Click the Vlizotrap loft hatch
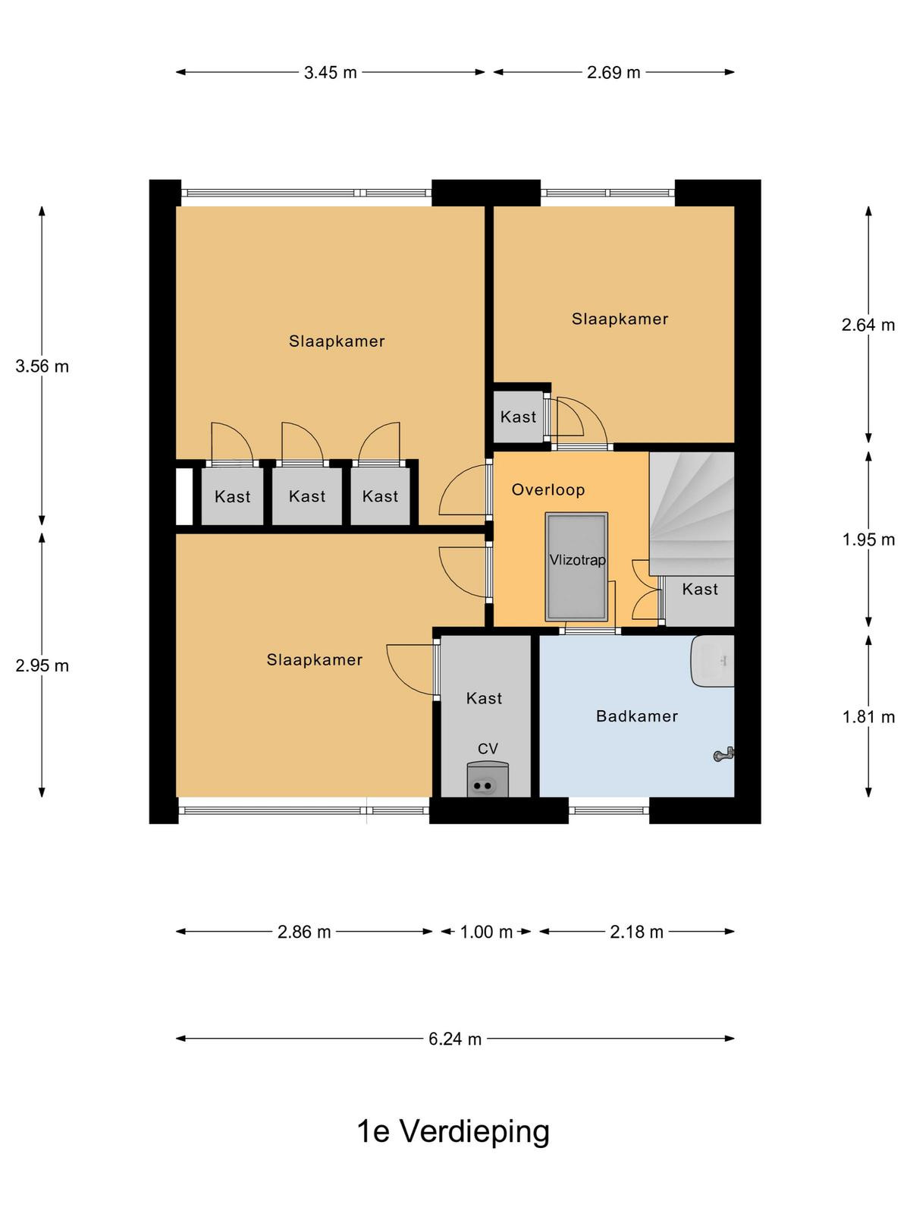576,566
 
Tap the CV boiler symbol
488,779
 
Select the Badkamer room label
636,716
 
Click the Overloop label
548,489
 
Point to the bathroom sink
712,661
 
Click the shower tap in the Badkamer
723,754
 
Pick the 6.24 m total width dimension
455,1039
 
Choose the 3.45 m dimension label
331,72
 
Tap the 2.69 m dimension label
613,72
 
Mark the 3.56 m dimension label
42,366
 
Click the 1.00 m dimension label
487,932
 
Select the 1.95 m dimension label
868,539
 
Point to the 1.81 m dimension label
868,717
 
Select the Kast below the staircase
699,601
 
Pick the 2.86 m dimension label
304,932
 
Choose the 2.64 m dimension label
868,325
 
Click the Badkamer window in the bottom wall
608,810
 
